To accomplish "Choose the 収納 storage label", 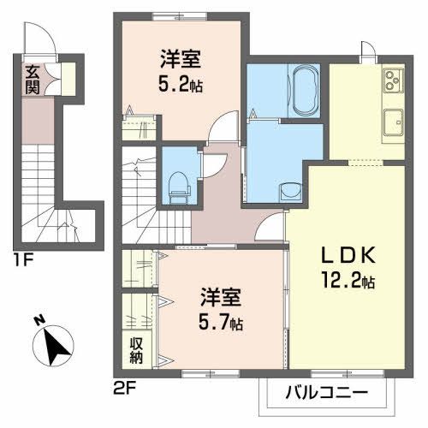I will pos(136,349).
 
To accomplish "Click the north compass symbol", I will pos(53,344).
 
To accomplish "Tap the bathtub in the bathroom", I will pos(304,90).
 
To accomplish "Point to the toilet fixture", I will pos(178,183).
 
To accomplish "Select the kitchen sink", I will pos(395,120).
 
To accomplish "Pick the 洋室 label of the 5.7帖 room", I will pos(221,300).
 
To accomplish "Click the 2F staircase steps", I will pos(137,184).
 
